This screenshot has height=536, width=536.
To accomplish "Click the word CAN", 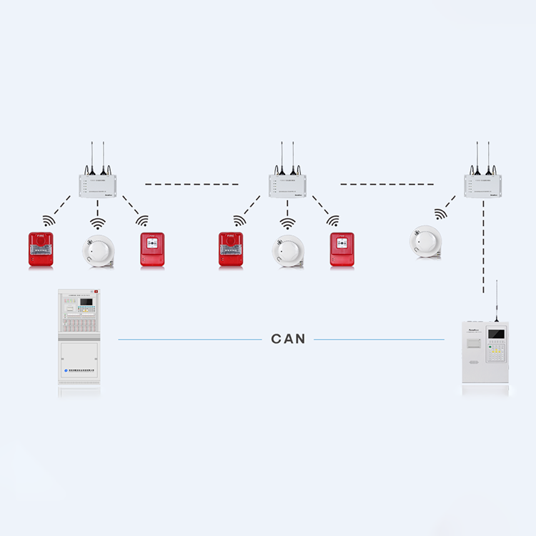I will click(x=288, y=339).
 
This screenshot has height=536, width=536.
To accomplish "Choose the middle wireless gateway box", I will click(x=287, y=185).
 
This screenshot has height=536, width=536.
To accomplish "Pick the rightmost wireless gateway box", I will click(x=482, y=185).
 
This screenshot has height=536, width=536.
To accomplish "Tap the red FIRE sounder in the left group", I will click(x=41, y=249).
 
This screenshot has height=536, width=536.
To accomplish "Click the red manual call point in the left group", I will click(x=152, y=249).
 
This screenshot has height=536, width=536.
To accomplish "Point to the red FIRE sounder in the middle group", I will click(x=231, y=249).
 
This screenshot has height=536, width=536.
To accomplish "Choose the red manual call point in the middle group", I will click(x=342, y=249).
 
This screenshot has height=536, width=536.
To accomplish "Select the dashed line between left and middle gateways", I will click(x=192, y=184).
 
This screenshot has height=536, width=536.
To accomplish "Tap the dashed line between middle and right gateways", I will click(x=386, y=184).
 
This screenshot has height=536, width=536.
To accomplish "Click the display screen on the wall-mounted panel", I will click(x=495, y=334).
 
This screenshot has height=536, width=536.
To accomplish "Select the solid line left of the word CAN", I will click(x=189, y=339).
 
